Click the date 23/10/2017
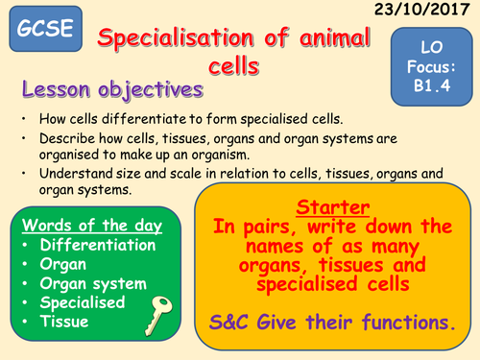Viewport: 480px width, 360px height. pyautogui.click(x=429, y=12)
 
